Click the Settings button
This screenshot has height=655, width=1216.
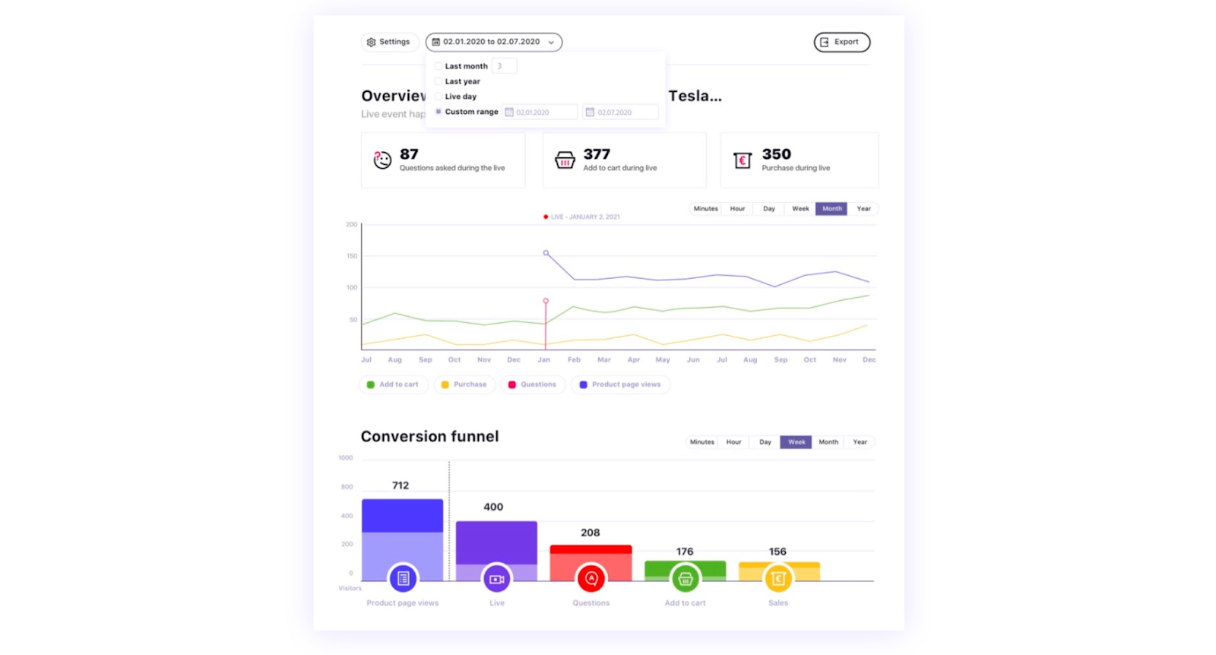388,42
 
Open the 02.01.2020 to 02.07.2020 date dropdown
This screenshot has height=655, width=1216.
493,42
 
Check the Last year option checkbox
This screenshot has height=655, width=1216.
439,81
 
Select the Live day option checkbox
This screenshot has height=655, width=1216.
439,97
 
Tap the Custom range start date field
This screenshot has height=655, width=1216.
540,112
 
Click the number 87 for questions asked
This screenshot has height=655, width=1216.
409,154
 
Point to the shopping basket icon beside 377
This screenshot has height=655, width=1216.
565,160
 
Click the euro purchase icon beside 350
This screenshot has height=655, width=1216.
743,160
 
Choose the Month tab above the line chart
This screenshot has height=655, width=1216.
831,209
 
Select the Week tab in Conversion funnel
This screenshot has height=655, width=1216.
796,442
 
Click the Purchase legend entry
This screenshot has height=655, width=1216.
464,384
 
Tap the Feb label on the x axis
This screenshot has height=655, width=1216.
574,360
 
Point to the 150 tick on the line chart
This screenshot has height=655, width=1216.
352,256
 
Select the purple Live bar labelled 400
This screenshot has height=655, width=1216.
496,543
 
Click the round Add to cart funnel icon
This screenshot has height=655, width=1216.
685,579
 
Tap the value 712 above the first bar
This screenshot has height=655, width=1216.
401,486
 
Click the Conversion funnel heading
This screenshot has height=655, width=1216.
429,437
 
